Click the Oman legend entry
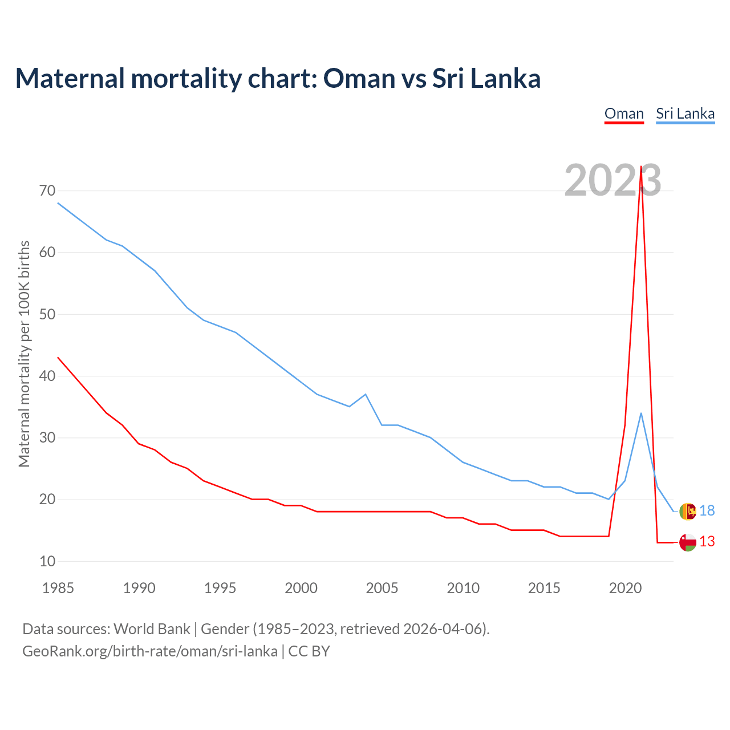tap(624, 113)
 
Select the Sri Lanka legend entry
tap(685, 113)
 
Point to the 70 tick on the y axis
tap(47, 190)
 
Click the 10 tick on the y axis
tap(47, 561)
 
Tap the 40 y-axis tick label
tap(47, 376)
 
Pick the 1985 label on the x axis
tap(58, 588)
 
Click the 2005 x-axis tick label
tap(382, 588)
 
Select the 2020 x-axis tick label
tap(625, 588)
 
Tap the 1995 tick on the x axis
tap(220, 588)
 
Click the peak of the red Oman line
tap(641, 167)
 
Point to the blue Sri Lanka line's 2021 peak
tap(641, 413)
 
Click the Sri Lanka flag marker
tap(688, 511)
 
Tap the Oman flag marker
tap(688, 542)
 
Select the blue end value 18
tap(707, 511)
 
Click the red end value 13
tap(707, 542)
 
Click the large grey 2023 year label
tap(613, 180)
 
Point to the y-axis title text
tap(24, 354)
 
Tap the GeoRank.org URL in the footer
tap(150, 651)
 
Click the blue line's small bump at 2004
tap(366, 394)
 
